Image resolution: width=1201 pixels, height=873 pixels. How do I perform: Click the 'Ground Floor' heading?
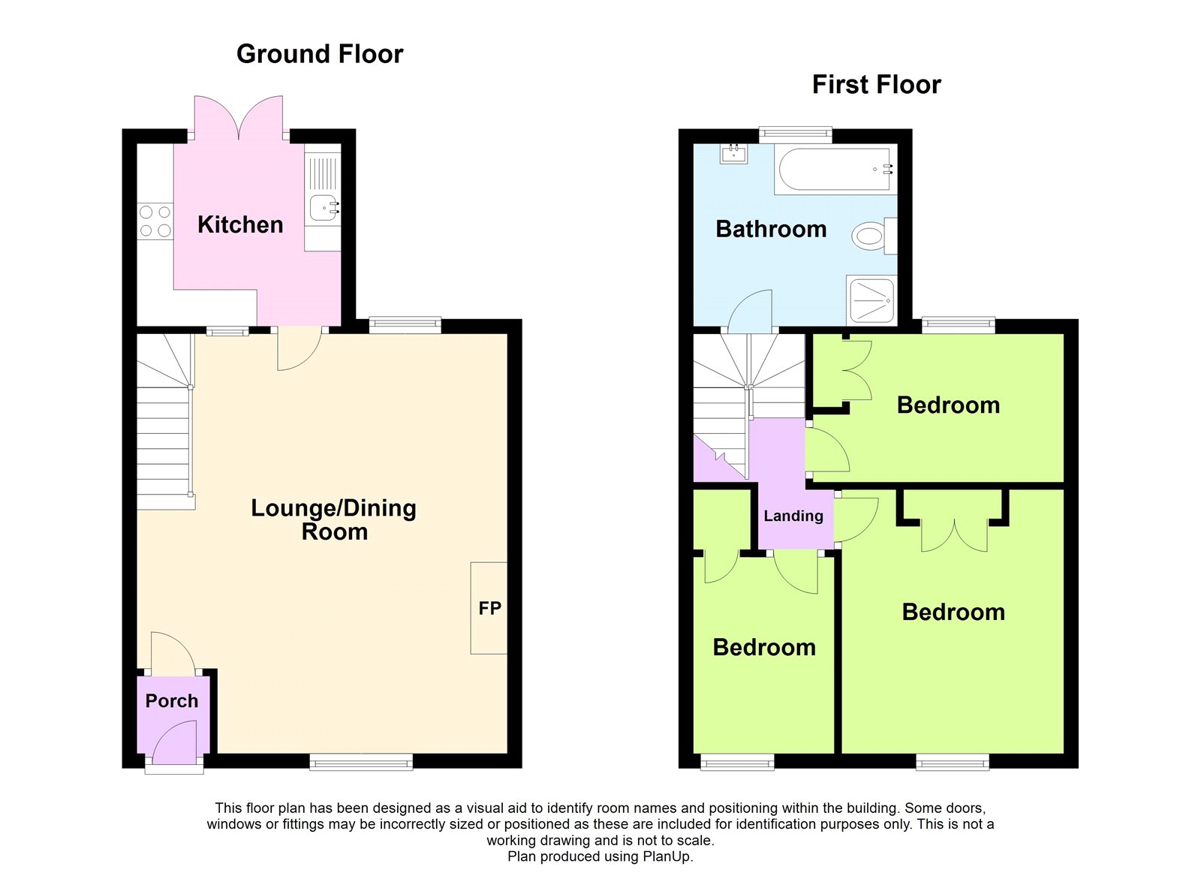tap(320, 54)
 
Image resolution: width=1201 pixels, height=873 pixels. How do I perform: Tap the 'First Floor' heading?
tap(876, 85)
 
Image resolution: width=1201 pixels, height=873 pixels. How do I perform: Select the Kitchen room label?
tap(240, 224)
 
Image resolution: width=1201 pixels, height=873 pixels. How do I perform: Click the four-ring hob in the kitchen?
tap(155, 221)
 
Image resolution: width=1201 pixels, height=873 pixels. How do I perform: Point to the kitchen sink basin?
tap(324, 206)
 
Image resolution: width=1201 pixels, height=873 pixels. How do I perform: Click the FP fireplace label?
tap(489, 608)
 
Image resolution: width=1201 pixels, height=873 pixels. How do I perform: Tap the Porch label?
tap(172, 700)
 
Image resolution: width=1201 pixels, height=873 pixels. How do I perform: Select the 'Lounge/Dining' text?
tap(333, 508)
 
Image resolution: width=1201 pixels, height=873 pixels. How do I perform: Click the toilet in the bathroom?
tap(874, 236)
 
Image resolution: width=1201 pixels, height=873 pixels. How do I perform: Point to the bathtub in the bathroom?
tap(835, 170)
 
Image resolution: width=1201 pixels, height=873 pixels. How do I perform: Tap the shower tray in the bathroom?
tap(871, 300)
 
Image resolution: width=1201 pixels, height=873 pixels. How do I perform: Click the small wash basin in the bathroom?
tap(734, 154)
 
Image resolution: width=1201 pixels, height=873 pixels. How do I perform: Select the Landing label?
tap(793, 516)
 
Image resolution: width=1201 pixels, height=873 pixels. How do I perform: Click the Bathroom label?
tap(771, 229)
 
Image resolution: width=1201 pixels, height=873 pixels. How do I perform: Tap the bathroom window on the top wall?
tap(796, 134)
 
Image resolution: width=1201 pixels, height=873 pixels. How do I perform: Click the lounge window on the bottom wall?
tap(361, 761)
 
